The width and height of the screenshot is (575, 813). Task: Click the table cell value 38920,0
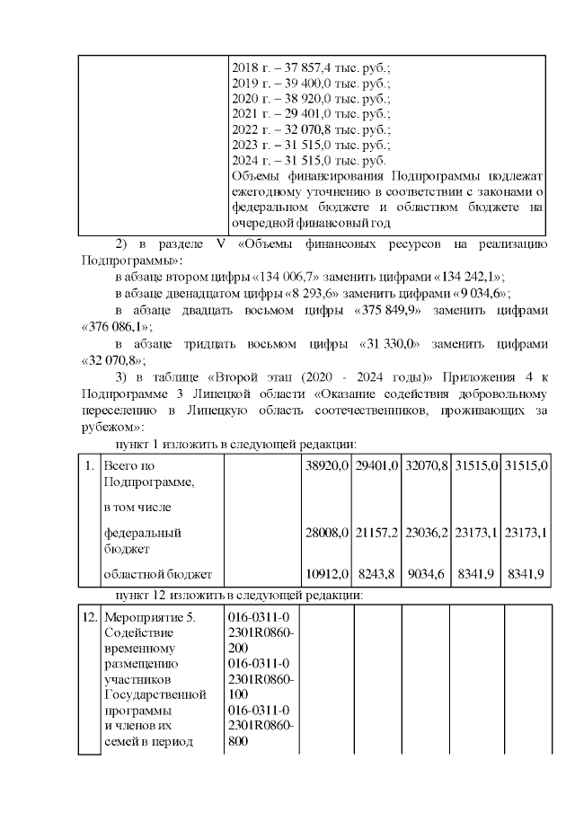pyautogui.click(x=326, y=466)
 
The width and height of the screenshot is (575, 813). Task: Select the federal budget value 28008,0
pyautogui.click(x=326, y=533)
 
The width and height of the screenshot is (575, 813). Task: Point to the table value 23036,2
pyautogui.click(x=427, y=533)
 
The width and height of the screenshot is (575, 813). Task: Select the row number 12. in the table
pyautogui.click(x=90, y=618)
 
